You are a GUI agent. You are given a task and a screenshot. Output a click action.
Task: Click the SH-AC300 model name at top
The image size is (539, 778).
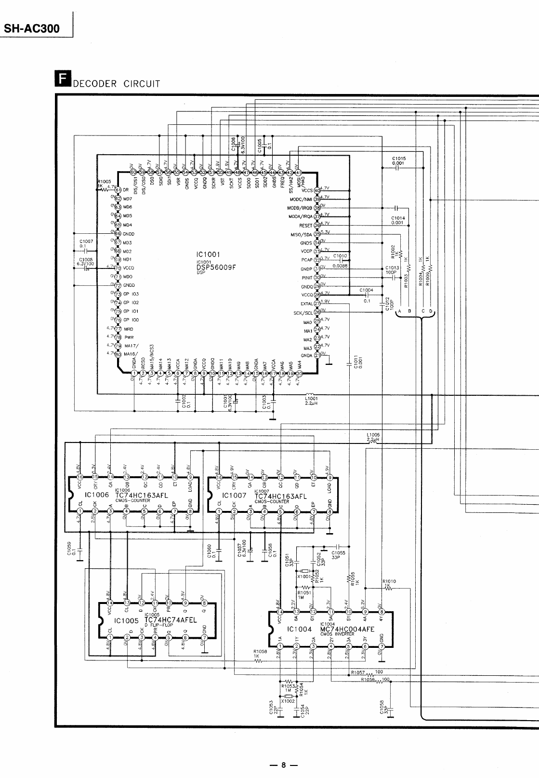click(32, 28)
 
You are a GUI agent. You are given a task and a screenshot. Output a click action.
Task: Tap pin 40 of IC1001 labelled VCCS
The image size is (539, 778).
click(317, 190)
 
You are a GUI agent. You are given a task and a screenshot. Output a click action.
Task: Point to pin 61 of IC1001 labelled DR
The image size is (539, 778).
click(118, 189)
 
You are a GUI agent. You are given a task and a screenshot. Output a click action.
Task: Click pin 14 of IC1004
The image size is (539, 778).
click(280, 612)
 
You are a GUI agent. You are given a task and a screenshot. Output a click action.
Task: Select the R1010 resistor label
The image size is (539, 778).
click(389, 581)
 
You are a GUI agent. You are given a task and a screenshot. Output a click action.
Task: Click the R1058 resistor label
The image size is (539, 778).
click(260, 651)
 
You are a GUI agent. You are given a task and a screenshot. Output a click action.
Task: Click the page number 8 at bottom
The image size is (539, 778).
click(284, 765)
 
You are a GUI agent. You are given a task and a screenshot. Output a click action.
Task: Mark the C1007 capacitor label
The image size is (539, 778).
click(86, 242)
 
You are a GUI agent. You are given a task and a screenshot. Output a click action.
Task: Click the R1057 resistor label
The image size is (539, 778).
click(358, 672)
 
